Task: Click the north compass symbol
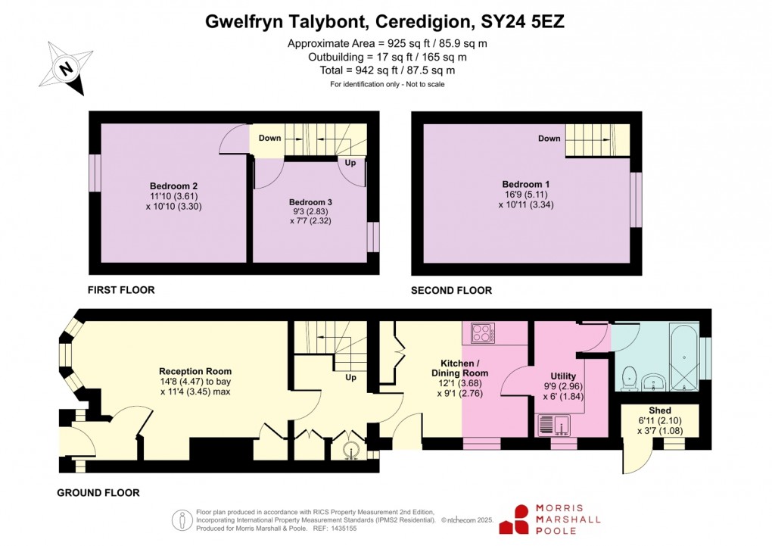click(67, 67)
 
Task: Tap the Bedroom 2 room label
click(173, 186)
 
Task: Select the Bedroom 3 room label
click(310, 203)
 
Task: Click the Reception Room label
click(195, 371)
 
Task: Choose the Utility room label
click(563, 376)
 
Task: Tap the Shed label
click(659, 410)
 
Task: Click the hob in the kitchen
click(483, 332)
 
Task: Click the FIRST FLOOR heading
click(121, 290)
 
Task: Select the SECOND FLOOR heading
click(451, 290)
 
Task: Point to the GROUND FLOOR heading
click(98, 493)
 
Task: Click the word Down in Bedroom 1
click(549, 139)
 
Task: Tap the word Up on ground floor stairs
click(350, 377)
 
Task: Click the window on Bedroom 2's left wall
click(95, 173)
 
